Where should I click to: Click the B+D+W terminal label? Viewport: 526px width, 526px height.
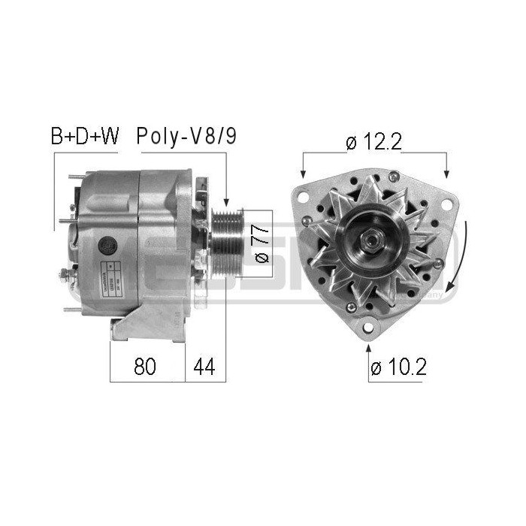pyautogui.click(x=84, y=137)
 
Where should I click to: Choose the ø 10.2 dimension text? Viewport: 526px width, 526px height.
pyautogui.click(x=399, y=367)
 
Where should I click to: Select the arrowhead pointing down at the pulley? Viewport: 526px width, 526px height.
pyautogui.click(x=225, y=203)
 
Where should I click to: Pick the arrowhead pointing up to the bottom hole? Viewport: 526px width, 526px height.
pyautogui.click(x=368, y=347)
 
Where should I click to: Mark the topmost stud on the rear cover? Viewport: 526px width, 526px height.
pyautogui.click(x=74, y=178)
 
